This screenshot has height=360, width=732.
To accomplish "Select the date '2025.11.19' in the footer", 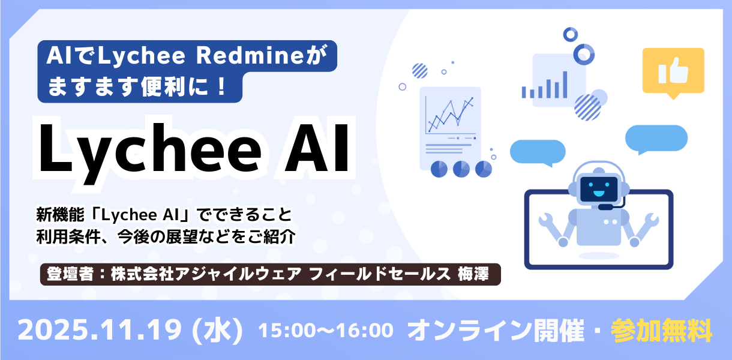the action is (100, 330).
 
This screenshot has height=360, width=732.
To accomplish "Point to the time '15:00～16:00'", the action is (326, 330).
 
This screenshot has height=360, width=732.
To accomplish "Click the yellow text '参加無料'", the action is (661, 331).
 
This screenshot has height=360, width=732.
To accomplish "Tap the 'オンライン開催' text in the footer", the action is (496, 331).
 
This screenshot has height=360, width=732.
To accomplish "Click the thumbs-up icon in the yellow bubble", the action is (673, 71).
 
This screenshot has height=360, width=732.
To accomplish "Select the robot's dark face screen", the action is (599, 189).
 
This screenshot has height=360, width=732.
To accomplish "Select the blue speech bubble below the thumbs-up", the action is (656, 139).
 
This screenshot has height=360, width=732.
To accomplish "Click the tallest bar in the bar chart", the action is (565, 85).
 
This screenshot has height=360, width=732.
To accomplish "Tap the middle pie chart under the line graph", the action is (461, 169).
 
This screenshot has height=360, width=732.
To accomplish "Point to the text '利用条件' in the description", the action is (68, 237).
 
